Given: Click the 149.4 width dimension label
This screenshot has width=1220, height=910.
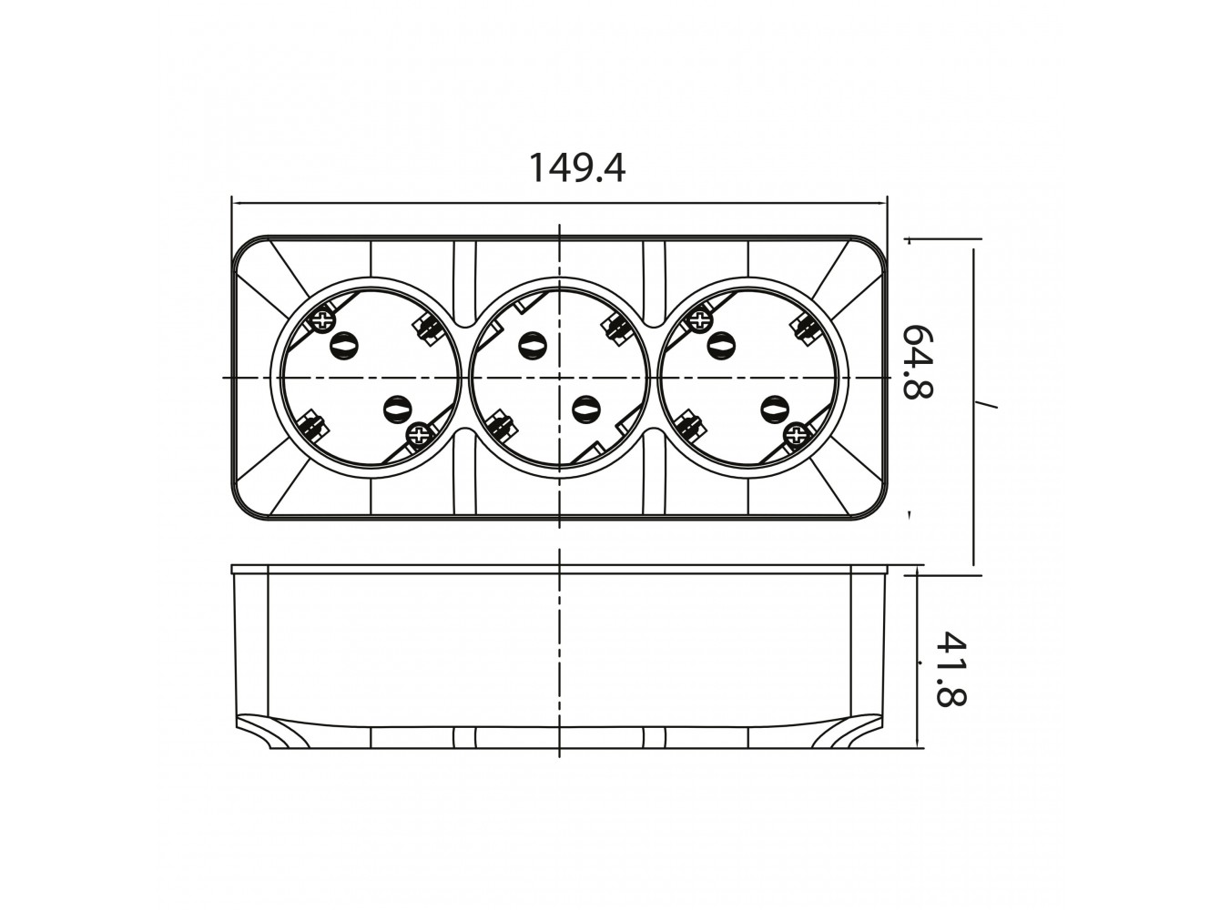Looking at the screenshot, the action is point(576,167).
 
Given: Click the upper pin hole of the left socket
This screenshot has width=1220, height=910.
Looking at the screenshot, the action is point(344,346).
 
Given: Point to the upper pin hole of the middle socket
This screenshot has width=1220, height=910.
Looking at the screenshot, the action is point(533,346).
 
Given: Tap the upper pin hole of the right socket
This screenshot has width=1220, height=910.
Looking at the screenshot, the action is point(721,346).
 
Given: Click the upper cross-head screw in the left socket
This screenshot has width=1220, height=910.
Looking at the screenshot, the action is point(321,320).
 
